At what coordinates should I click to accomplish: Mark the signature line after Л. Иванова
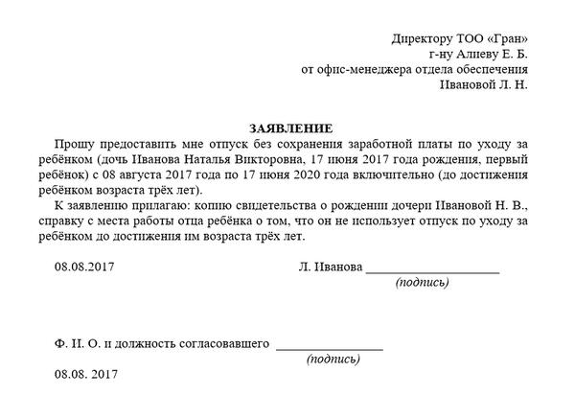(x=432, y=272)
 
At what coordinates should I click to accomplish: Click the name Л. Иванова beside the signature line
(x=330, y=267)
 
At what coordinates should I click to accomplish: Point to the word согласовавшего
(x=220, y=342)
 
